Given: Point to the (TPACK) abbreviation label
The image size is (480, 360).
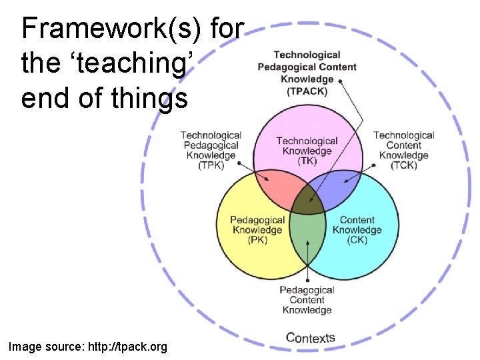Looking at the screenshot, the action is [x=307, y=91].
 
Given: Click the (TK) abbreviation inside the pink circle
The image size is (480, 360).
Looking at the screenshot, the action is [x=307, y=161].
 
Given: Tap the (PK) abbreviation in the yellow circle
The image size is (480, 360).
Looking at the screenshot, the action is [x=257, y=240].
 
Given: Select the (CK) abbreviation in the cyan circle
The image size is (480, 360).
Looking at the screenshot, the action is [x=357, y=240].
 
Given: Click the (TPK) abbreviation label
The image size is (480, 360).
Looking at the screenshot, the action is [x=211, y=165].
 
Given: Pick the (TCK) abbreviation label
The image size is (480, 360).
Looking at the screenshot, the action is [x=404, y=165].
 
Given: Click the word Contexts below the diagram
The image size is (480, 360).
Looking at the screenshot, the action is [x=310, y=337].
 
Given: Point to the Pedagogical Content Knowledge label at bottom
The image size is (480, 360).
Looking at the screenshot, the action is [x=307, y=300].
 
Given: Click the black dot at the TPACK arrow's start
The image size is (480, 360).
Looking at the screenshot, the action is [x=341, y=80].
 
